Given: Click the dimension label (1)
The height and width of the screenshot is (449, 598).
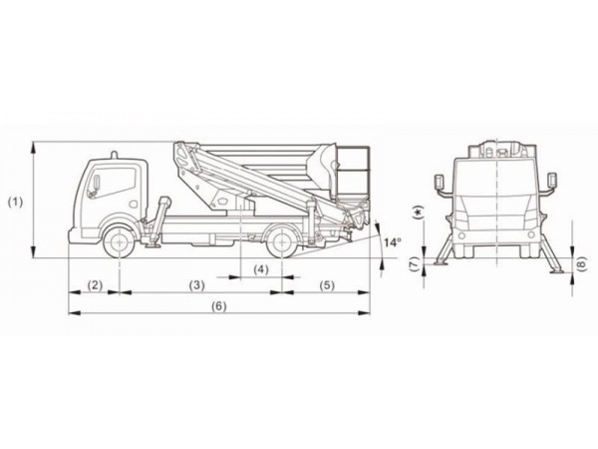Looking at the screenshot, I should tap(15, 202).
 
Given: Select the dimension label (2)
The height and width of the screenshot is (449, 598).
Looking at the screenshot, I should tap(95, 285).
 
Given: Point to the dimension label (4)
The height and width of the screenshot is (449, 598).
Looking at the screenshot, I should tap(261, 269).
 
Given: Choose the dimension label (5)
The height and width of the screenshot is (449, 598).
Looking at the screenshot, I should tap(327, 285).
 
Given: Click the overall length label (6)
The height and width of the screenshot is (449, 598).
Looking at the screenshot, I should tap(219, 305).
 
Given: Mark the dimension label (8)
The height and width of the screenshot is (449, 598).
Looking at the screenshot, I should tap(582, 263).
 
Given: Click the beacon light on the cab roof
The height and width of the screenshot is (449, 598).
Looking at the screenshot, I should tap(114, 154).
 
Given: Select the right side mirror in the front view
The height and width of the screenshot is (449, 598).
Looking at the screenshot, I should tap(552, 182).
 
